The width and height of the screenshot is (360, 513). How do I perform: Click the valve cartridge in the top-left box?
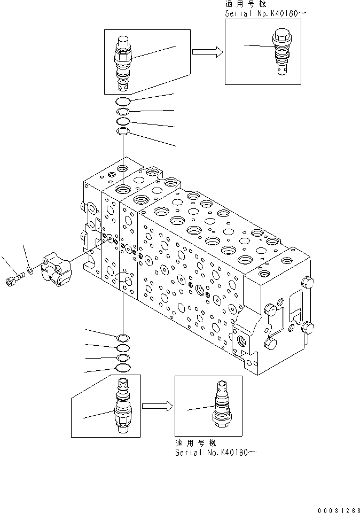(123, 63)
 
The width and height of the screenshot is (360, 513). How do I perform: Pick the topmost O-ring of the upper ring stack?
(123, 102)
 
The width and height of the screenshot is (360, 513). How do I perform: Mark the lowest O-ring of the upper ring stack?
(123, 131)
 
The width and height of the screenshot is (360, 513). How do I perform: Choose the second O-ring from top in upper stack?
(123, 111)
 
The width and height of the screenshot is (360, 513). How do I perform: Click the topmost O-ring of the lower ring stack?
(123, 337)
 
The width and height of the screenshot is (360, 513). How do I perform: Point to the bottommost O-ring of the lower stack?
(123, 368)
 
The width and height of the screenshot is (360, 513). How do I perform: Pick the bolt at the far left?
(14, 278)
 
